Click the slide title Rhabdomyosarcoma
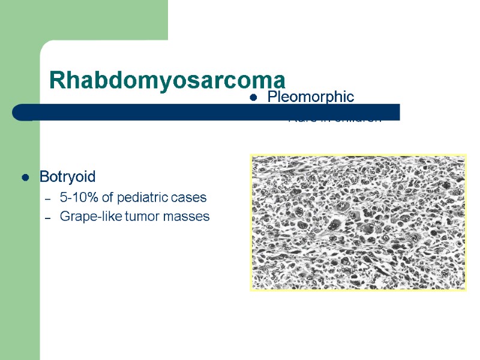coord(167,79)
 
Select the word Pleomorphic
coord(310,97)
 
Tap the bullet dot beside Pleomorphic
coord(254,98)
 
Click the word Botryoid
coord(67,177)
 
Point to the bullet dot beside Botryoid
coord(25,178)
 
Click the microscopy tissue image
coord(358,223)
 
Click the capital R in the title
coord(56,79)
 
